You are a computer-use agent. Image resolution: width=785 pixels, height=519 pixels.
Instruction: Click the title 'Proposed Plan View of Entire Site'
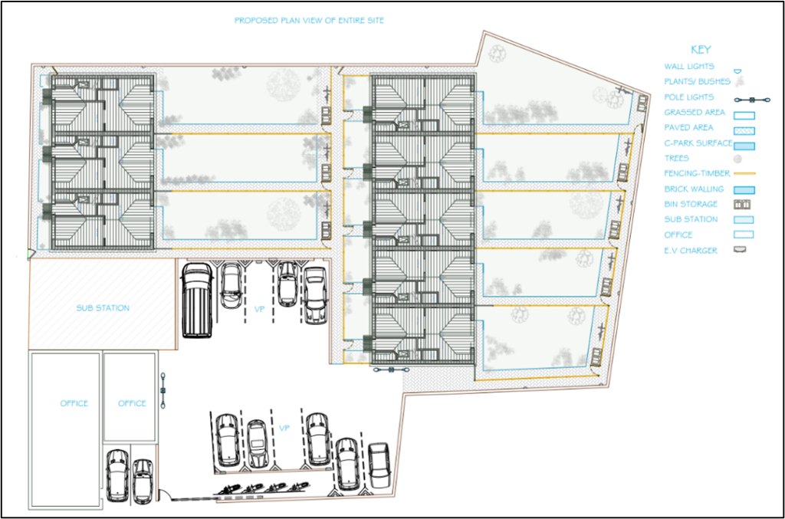(x=309, y=21)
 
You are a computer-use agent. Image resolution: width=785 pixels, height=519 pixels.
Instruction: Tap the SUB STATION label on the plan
(x=103, y=307)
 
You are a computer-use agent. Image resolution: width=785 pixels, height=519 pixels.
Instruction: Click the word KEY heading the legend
(x=701, y=50)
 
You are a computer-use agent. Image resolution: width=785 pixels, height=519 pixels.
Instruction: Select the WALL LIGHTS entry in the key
(x=689, y=67)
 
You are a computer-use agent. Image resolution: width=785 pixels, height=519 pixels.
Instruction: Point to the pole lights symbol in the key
(x=752, y=100)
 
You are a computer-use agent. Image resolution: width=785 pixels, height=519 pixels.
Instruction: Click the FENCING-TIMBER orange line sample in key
(x=744, y=174)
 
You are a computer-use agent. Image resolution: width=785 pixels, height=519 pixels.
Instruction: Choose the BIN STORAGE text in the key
(x=691, y=204)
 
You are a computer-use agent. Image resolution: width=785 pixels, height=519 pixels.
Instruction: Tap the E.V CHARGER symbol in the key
(x=740, y=249)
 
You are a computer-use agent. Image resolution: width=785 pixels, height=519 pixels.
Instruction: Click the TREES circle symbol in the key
(x=737, y=159)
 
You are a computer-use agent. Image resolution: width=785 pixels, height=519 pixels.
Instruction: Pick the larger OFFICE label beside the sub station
(x=74, y=403)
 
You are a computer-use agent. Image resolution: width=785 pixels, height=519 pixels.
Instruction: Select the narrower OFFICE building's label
(x=132, y=403)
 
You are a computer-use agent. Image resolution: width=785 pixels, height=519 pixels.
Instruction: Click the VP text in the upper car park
(x=259, y=309)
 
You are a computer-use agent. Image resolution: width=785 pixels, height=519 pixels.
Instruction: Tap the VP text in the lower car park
(x=284, y=429)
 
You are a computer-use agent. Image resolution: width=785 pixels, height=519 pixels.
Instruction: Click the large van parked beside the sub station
(x=197, y=300)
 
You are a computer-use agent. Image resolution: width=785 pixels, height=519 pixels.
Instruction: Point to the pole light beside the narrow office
(x=163, y=390)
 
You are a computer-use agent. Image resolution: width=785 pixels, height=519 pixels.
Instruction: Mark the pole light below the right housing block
(x=392, y=370)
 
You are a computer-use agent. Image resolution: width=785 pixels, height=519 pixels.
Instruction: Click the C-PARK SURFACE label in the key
(x=698, y=143)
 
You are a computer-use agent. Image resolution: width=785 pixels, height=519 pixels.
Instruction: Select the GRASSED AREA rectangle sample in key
(x=744, y=116)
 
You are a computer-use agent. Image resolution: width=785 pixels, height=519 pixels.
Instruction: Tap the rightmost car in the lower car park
(x=379, y=465)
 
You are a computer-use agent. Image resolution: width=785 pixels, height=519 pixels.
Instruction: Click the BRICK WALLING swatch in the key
(x=744, y=190)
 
